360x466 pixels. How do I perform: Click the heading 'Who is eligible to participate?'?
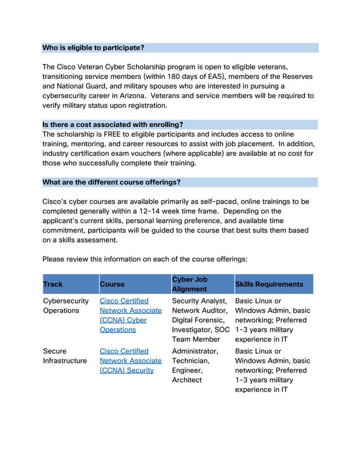(93, 47)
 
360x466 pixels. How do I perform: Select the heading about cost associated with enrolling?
(113, 124)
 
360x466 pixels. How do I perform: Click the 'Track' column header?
(53, 284)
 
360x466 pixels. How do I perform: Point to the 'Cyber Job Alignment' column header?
(190, 284)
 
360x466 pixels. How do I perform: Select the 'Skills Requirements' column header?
(269, 284)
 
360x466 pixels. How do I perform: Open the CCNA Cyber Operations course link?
(130, 315)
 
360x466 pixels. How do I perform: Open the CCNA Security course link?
(130, 361)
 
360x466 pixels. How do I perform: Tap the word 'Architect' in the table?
(187, 380)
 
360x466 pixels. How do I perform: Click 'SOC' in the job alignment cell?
(218, 330)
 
